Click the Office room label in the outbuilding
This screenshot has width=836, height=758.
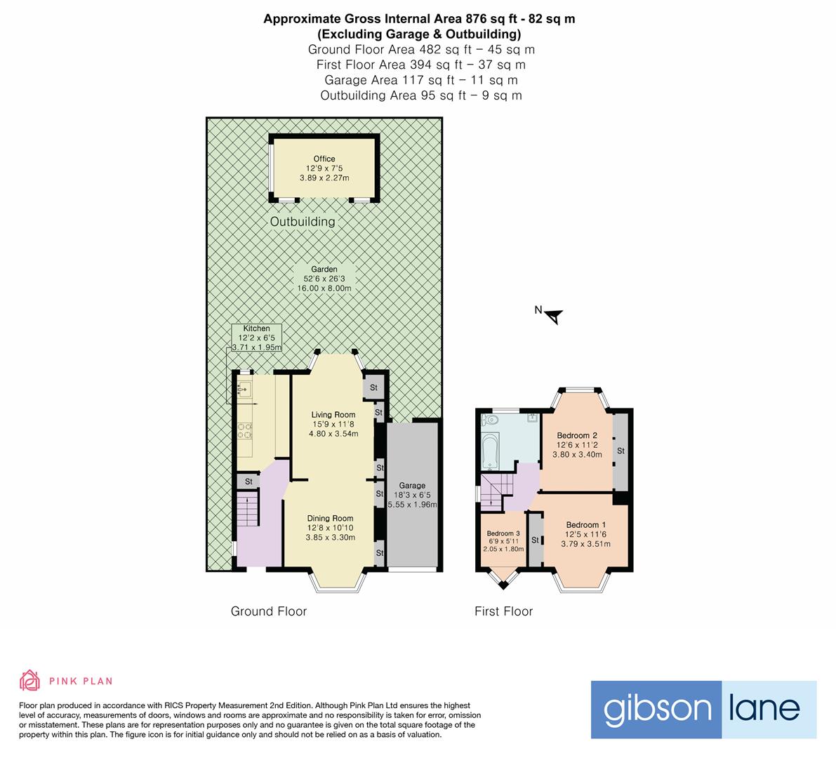(324, 168)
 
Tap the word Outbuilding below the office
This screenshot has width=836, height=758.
(303, 222)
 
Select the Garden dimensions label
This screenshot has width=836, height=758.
(325, 279)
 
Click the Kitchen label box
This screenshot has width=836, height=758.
(256, 338)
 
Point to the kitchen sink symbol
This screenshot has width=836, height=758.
(244, 387)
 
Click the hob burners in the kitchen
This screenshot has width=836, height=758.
(245, 431)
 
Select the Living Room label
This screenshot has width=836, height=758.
(333, 424)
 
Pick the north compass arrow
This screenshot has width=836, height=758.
(555, 317)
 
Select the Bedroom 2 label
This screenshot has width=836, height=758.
(577, 444)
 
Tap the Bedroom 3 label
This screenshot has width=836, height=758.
(503, 541)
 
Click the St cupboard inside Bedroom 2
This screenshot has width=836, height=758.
(621, 451)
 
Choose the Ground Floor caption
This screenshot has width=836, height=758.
(269, 611)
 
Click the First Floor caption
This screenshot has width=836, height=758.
(503, 611)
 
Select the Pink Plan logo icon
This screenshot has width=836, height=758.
(30, 679)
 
